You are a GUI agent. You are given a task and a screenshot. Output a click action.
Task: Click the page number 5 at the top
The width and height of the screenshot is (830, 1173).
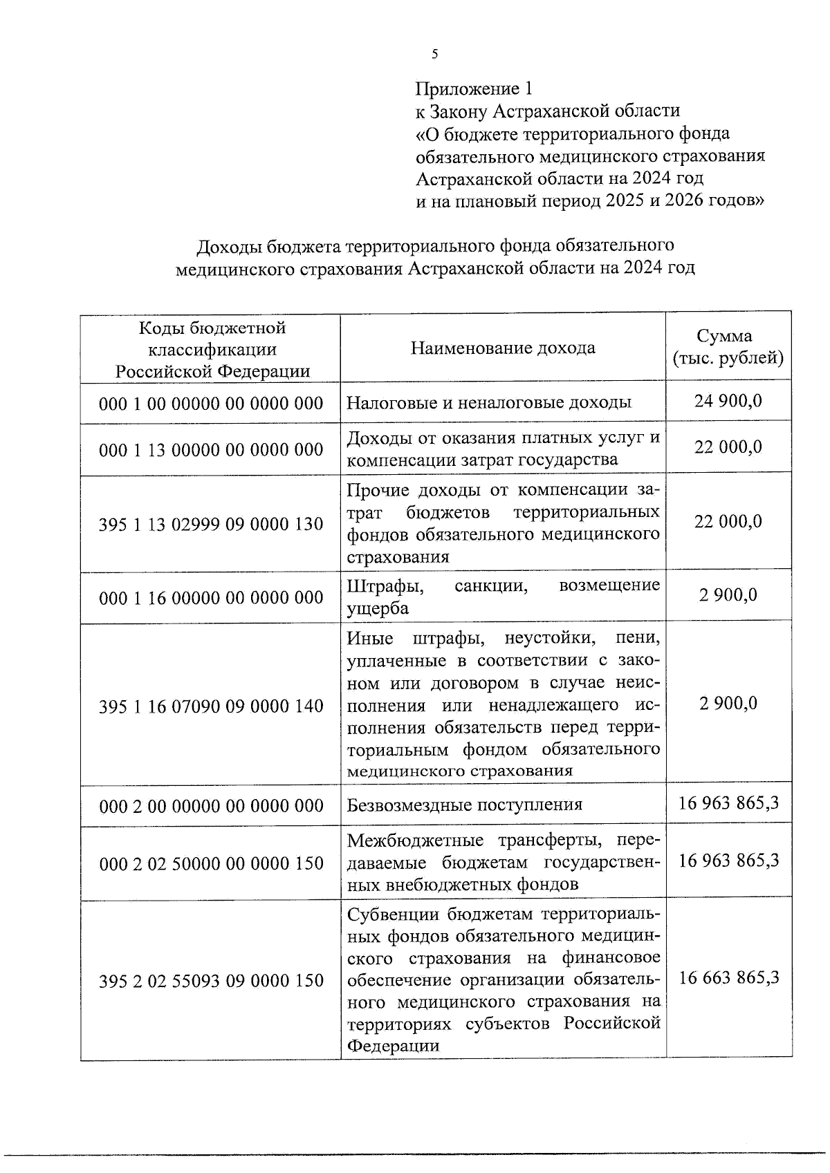434,55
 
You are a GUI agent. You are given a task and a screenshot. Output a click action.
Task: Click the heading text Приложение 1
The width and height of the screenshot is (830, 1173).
474,88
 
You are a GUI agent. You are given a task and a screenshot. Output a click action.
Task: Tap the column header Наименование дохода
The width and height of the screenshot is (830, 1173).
503,348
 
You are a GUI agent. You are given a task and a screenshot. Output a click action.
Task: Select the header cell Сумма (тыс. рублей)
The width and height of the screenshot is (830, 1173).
728,348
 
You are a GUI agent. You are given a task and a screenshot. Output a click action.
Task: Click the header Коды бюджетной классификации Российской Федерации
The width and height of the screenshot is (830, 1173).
212,349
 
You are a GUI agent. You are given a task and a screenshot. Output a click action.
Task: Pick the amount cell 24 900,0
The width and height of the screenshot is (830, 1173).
728,400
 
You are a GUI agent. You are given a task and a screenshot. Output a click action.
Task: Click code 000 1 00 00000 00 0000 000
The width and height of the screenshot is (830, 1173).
211,403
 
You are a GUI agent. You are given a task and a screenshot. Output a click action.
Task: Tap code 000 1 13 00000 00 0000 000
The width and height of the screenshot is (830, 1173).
211,450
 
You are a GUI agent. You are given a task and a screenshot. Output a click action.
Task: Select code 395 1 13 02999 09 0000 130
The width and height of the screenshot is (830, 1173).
211,524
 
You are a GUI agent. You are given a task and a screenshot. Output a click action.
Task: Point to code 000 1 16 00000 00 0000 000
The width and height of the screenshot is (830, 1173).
211,597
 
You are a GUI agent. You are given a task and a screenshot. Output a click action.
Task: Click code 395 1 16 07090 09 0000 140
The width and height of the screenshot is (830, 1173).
211,706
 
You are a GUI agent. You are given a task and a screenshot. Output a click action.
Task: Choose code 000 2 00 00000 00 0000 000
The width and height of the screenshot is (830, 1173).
211,806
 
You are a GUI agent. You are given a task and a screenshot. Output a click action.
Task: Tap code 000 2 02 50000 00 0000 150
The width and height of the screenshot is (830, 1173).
211,863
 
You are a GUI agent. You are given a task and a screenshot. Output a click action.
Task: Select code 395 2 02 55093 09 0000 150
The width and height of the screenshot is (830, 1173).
211,981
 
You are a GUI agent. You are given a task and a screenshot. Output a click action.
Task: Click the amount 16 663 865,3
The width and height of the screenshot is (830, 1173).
729,977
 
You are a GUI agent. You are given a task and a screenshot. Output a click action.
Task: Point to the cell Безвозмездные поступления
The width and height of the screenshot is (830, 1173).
464,805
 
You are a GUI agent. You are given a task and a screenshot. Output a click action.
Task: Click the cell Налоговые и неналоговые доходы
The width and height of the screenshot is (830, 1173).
488,402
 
